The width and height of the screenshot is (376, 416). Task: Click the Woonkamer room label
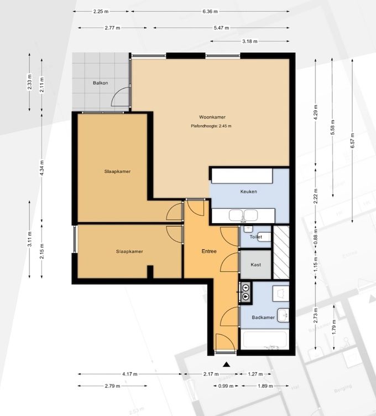pyautogui.click(x=212, y=117)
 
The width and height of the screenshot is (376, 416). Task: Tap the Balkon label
pyautogui.click(x=100, y=83)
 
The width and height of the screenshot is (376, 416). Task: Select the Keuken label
pyautogui.click(x=248, y=191)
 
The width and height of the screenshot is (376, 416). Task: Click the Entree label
pyautogui.click(x=209, y=251)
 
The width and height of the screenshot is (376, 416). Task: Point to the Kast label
pyautogui.click(x=255, y=265)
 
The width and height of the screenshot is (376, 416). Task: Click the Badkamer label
pyautogui.click(x=263, y=317)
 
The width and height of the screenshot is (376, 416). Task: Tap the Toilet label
pyautogui.click(x=256, y=237)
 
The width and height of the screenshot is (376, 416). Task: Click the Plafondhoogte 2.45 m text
pyautogui.click(x=211, y=126)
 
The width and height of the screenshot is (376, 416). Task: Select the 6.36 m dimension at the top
pyautogui.click(x=210, y=12)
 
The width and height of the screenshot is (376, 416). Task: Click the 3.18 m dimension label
pyautogui.click(x=250, y=42)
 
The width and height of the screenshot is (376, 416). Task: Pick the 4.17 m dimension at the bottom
pyautogui.click(x=130, y=374)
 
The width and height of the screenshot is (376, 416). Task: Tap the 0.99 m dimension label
pyautogui.click(x=226, y=386)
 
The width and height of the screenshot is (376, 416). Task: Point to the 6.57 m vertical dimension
pyautogui.click(x=352, y=140)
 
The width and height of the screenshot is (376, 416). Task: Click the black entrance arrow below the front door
pyautogui.click(x=226, y=364)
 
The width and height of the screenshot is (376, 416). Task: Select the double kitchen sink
pyautogui.click(x=243, y=215)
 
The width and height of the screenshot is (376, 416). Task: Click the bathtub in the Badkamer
pyautogui.click(x=265, y=340)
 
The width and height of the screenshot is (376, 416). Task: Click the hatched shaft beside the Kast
pyautogui.click(x=281, y=252)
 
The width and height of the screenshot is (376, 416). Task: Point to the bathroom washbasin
pyautogui.click(x=283, y=315)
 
